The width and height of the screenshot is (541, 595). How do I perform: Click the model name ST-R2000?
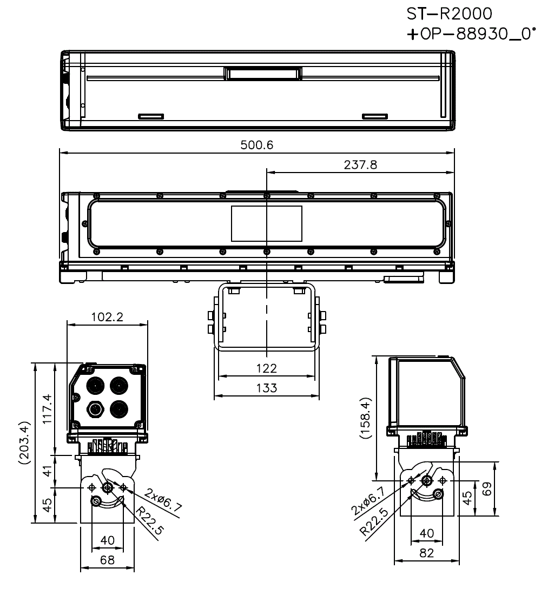(450, 12)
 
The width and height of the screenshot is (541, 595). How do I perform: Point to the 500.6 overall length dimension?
(258, 145)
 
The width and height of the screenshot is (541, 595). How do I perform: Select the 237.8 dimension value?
(360, 165)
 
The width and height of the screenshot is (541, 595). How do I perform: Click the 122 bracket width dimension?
(266, 368)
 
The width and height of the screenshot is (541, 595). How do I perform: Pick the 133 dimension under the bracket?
(266, 388)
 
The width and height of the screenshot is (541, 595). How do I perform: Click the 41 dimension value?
(48, 471)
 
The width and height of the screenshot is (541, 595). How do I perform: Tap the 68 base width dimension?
(107, 560)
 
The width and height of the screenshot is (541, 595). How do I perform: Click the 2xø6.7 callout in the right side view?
(368, 500)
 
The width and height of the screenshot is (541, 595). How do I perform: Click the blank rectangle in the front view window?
(266, 223)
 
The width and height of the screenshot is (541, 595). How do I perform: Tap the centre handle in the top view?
(263, 73)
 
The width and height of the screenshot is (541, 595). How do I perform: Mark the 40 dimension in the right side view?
(427, 533)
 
